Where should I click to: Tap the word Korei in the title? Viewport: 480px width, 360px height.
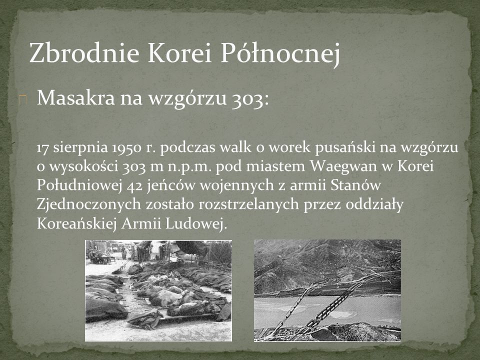click(x=179, y=52)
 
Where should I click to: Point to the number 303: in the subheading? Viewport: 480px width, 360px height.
click(x=250, y=98)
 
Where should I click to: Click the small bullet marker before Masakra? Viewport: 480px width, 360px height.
click(x=22, y=99)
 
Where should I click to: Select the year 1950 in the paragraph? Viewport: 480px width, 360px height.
click(x=127, y=148)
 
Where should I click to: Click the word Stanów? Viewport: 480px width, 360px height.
click(x=355, y=185)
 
